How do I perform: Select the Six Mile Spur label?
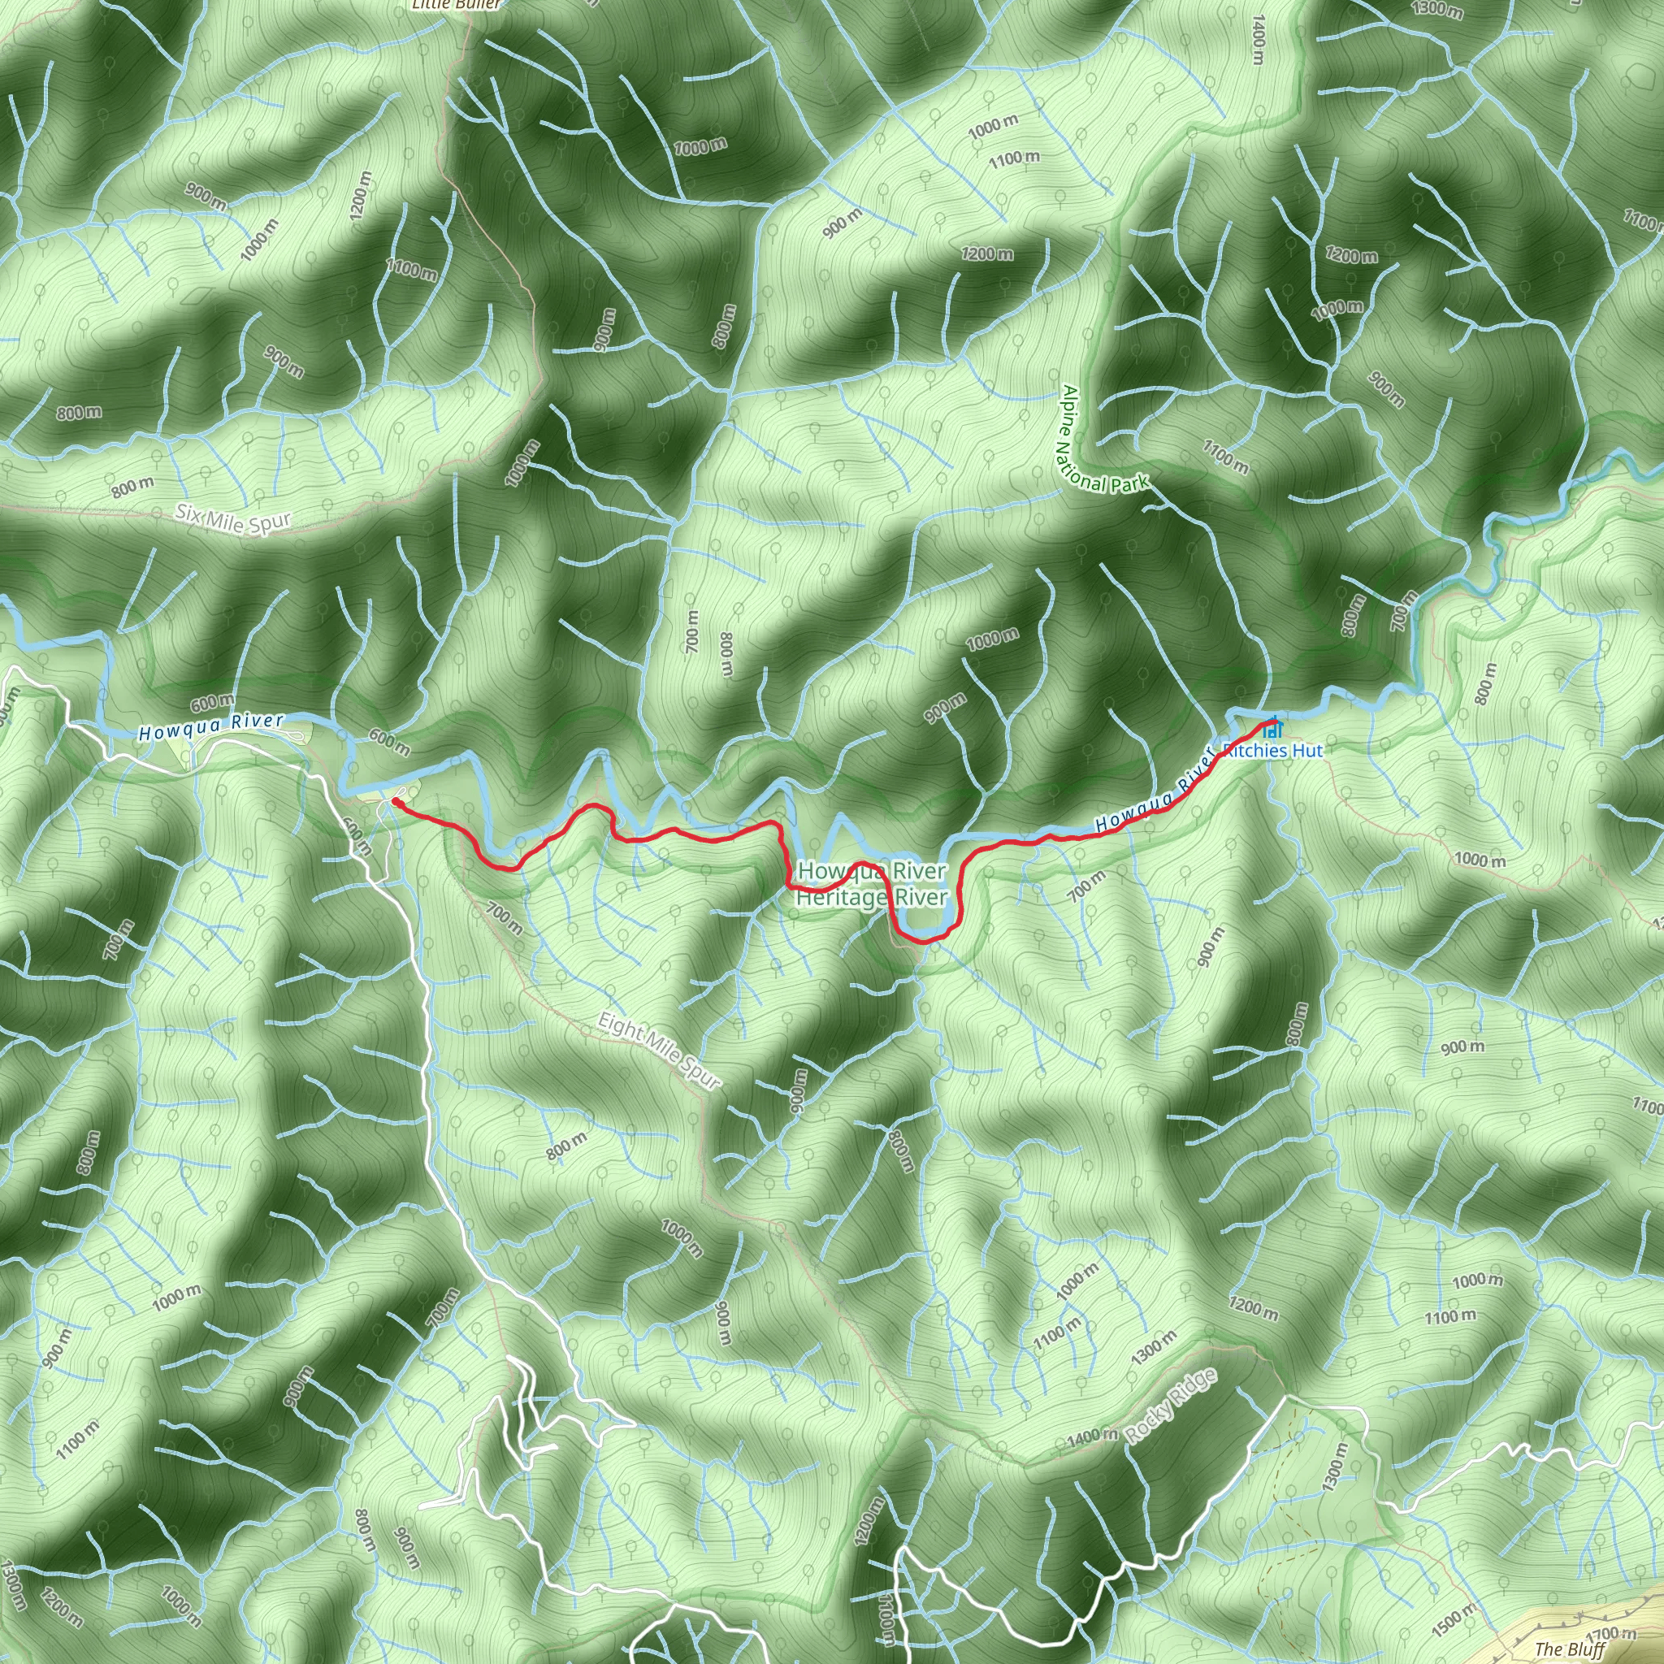point(233,518)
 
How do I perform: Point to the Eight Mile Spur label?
point(659,1051)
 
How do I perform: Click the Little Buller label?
point(456,4)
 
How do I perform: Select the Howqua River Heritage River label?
point(872,884)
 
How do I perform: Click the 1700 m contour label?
point(1610,1635)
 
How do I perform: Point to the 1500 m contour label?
point(1453,1618)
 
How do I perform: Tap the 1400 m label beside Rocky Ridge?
point(1092,1436)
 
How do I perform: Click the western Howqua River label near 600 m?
point(212,726)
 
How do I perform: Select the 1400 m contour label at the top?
point(1259,40)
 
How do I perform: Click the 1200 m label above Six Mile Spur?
point(361,196)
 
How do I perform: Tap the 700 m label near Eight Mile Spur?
point(504,917)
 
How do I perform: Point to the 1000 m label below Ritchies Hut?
point(1480,859)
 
